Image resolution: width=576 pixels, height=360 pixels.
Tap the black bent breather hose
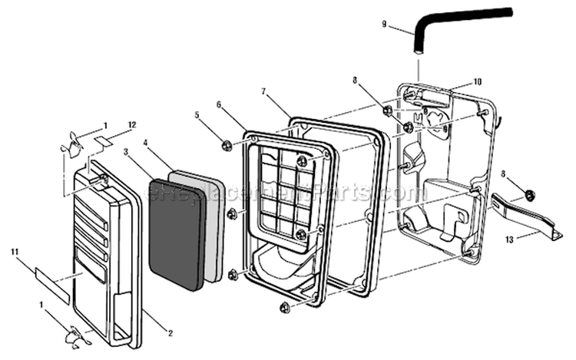tap(461, 17)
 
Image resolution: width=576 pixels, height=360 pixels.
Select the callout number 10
tap(477, 81)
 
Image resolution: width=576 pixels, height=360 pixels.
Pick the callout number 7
tap(264, 91)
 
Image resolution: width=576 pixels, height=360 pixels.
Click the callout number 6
tap(219, 104)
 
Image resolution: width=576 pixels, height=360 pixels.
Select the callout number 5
tap(197, 115)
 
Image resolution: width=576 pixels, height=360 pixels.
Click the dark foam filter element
tap(177, 234)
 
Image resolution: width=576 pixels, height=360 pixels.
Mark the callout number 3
tap(126, 153)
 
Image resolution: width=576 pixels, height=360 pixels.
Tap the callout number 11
tap(15, 251)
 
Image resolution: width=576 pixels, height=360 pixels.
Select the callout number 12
tap(131, 124)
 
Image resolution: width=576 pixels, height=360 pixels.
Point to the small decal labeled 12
tap(104, 140)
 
